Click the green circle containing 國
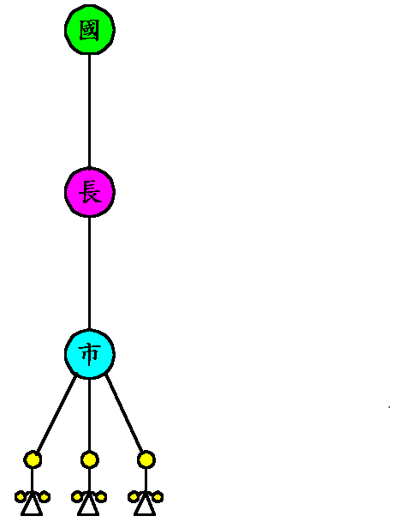click(90, 30)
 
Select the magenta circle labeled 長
click(90, 192)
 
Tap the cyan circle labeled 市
click(90, 354)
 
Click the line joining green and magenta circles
click(89, 111)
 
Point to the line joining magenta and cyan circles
click(89, 273)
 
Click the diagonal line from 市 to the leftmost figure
click(57, 413)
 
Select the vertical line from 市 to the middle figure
click(89, 415)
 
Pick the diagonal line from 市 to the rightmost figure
click(124, 413)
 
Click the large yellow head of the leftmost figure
click(33, 459)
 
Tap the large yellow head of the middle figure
click(89, 459)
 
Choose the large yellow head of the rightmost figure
click(146, 459)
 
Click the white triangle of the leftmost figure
click(32, 505)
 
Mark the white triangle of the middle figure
click(88, 505)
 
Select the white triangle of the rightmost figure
click(145, 505)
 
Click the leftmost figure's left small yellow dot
click(21, 496)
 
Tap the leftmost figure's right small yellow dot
click(45, 496)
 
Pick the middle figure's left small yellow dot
click(77, 496)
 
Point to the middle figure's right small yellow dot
click(101, 496)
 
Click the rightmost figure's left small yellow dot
click(134, 496)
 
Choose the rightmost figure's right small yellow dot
click(158, 496)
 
